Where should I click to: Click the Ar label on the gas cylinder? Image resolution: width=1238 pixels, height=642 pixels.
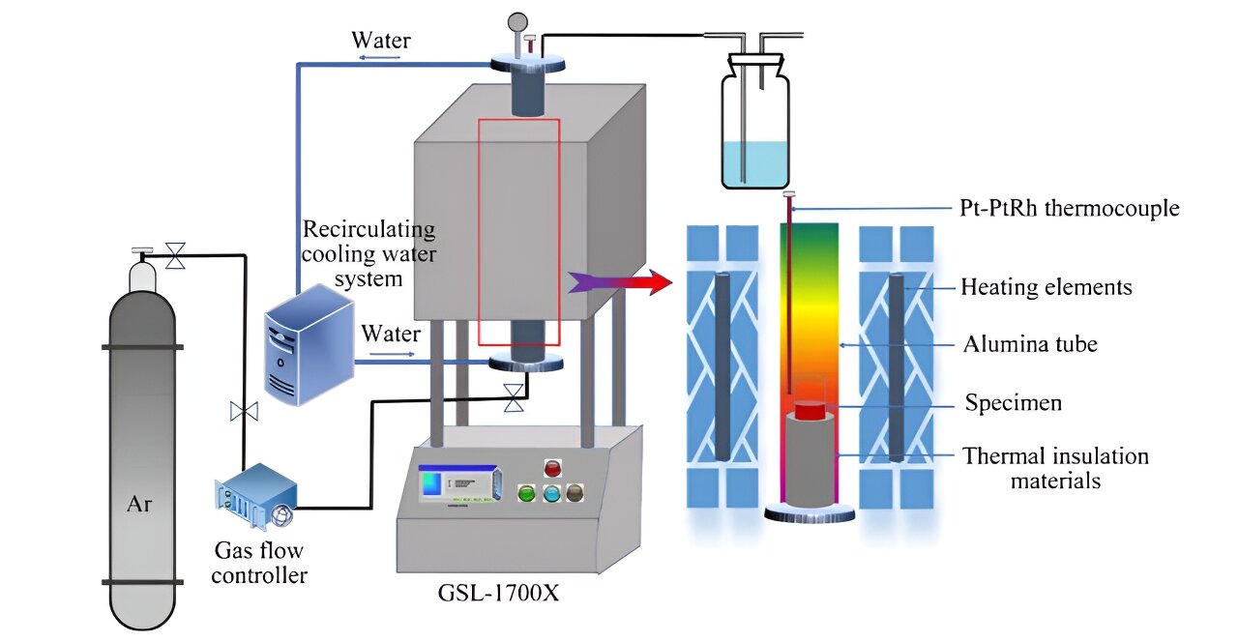(x=141, y=504)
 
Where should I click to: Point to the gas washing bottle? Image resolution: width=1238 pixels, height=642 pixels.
(x=754, y=126)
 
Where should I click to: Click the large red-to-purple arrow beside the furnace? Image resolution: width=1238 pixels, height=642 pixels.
(x=619, y=282)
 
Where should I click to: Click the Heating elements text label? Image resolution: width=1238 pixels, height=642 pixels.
(x=1046, y=286)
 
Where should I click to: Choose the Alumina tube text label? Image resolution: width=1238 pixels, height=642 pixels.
(x=1030, y=343)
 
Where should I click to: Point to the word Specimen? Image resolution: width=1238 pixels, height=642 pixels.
(x=1013, y=402)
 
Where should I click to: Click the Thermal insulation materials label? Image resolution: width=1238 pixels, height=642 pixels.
(x=1055, y=467)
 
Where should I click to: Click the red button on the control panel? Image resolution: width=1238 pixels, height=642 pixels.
(x=552, y=468)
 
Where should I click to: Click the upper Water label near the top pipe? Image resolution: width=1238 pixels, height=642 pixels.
(x=380, y=41)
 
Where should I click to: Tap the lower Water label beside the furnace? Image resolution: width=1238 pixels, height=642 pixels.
(x=391, y=335)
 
